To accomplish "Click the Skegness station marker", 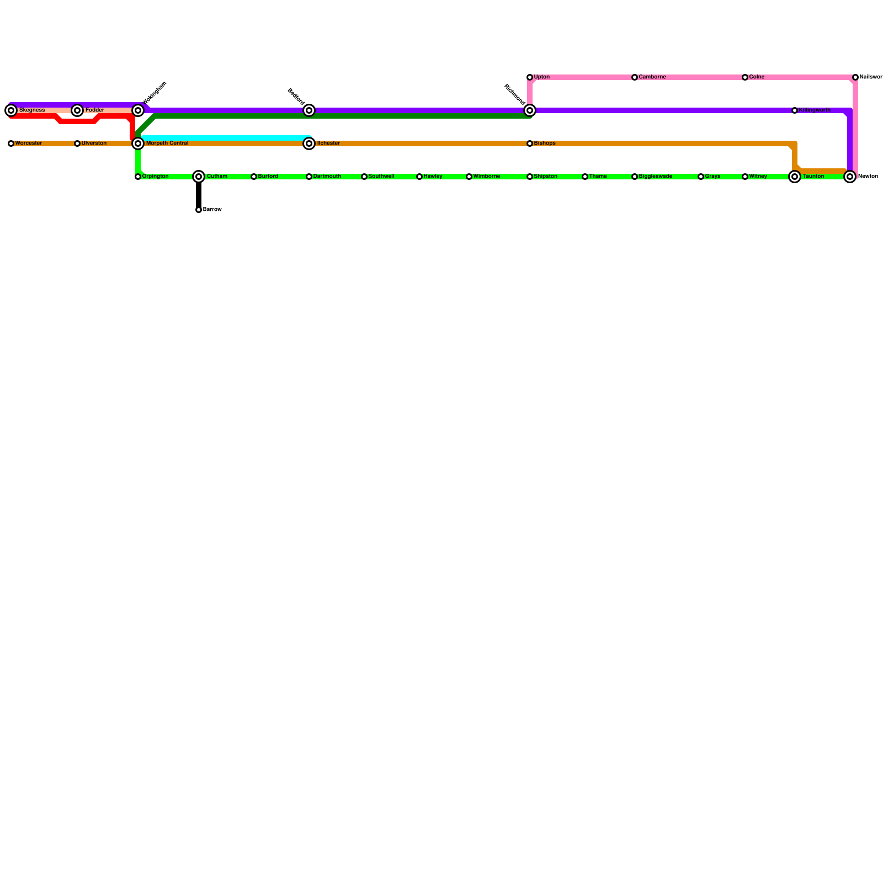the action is pyautogui.click(x=11, y=110).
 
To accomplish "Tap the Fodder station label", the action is pyautogui.click(x=94, y=110).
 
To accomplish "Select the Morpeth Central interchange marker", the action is pyautogui.click(x=138, y=143).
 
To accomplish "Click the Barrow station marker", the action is pyautogui.click(x=199, y=210).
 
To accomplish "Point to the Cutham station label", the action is pyautogui.click(x=217, y=177).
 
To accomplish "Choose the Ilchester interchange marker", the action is pyautogui.click(x=309, y=143).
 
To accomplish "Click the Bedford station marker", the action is pyautogui.click(x=309, y=110).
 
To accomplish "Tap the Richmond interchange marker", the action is pyautogui.click(x=530, y=110).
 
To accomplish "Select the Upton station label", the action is pyautogui.click(x=541, y=77).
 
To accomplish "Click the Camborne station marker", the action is pyautogui.click(x=635, y=77).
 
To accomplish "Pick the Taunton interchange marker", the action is pyautogui.click(x=795, y=177).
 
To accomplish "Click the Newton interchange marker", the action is pyautogui.click(x=850, y=177).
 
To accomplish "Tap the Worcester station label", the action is pyautogui.click(x=28, y=143).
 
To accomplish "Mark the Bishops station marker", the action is pyautogui.click(x=530, y=143).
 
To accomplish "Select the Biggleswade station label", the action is pyautogui.click(x=655, y=177).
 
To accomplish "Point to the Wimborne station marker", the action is pyautogui.click(x=469, y=177).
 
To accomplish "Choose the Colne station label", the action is pyautogui.click(x=757, y=77).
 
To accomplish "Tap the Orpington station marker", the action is pyautogui.click(x=138, y=177).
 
